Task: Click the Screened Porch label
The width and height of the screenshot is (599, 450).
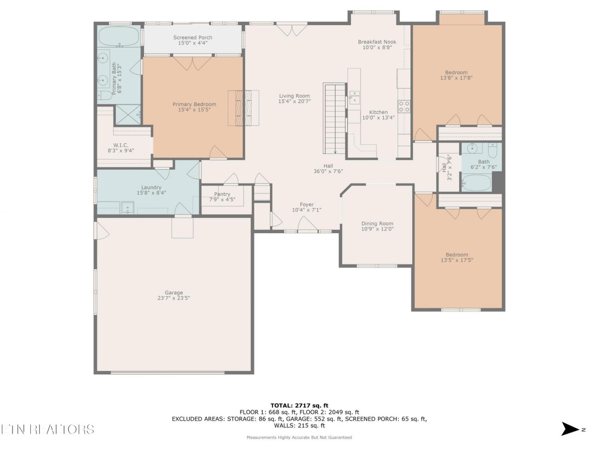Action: pos(192,38)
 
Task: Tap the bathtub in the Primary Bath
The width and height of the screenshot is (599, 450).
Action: pos(119,36)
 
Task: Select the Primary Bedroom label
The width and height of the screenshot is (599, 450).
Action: pos(194,104)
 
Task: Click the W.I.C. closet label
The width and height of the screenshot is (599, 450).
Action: pos(121,145)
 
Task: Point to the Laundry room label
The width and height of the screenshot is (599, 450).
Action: pos(151,187)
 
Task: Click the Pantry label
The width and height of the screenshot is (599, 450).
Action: pos(222,194)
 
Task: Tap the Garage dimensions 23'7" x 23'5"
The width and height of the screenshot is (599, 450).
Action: pos(174,298)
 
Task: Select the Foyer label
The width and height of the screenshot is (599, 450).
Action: pos(306,204)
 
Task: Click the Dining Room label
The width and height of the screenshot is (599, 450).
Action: pos(377,224)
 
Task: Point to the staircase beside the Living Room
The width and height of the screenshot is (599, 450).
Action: pos(335,118)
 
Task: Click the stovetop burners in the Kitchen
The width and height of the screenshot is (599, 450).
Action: pos(404,106)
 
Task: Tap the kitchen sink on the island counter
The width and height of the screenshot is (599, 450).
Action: pos(354,97)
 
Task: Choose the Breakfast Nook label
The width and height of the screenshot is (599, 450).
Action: pos(377,42)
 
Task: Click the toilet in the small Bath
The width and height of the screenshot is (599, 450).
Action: pos(492,150)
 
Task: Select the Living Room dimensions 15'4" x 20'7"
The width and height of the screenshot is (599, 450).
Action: pos(294,101)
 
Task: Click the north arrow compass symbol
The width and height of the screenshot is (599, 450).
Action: pos(570,429)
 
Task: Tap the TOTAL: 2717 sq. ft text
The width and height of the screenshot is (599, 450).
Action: pos(299,406)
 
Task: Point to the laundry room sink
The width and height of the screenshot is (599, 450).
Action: pos(127,208)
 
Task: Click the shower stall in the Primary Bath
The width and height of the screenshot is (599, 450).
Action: pos(128,114)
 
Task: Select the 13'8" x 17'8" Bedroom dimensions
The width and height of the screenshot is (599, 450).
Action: pos(456,78)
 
